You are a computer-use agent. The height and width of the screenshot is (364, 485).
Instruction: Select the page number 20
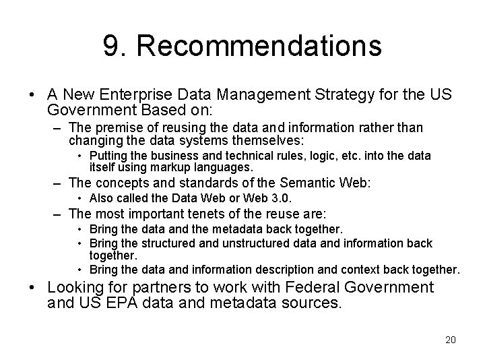click(450, 339)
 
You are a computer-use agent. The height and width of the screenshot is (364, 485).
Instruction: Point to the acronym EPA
click(122, 303)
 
